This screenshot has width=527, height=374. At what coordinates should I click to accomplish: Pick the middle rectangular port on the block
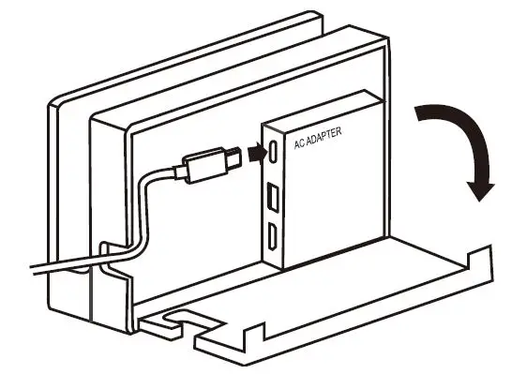point(271,201)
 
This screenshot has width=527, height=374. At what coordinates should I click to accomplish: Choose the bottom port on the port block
point(271,241)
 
